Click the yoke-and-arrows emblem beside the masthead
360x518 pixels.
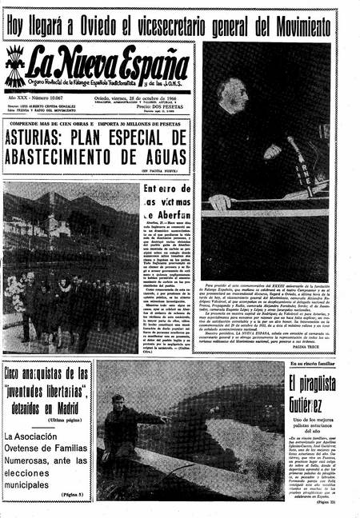(x=15, y=67)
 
